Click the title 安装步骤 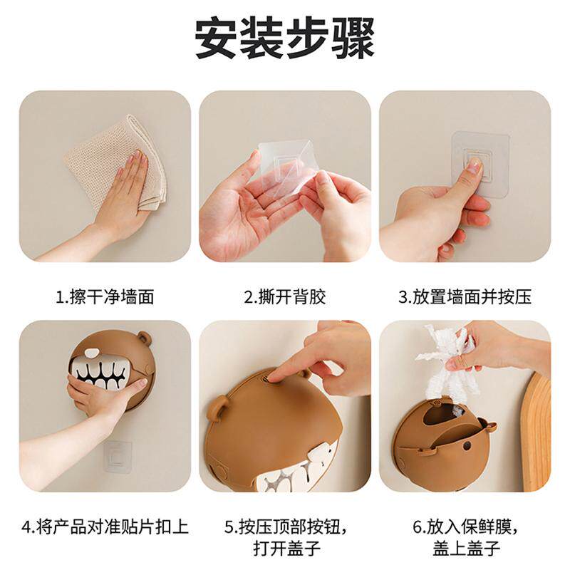(x=285, y=38)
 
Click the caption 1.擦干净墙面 (x=105, y=297)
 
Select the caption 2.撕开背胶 (x=285, y=297)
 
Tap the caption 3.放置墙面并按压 (x=465, y=297)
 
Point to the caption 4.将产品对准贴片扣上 (x=105, y=527)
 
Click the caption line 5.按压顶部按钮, (x=285, y=527)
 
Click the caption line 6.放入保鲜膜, (x=465, y=527)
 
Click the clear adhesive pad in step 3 (x=480, y=165)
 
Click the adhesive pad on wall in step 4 (x=117, y=456)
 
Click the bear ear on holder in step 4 (x=144, y=338)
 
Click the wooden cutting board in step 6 (x=537, y=432)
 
